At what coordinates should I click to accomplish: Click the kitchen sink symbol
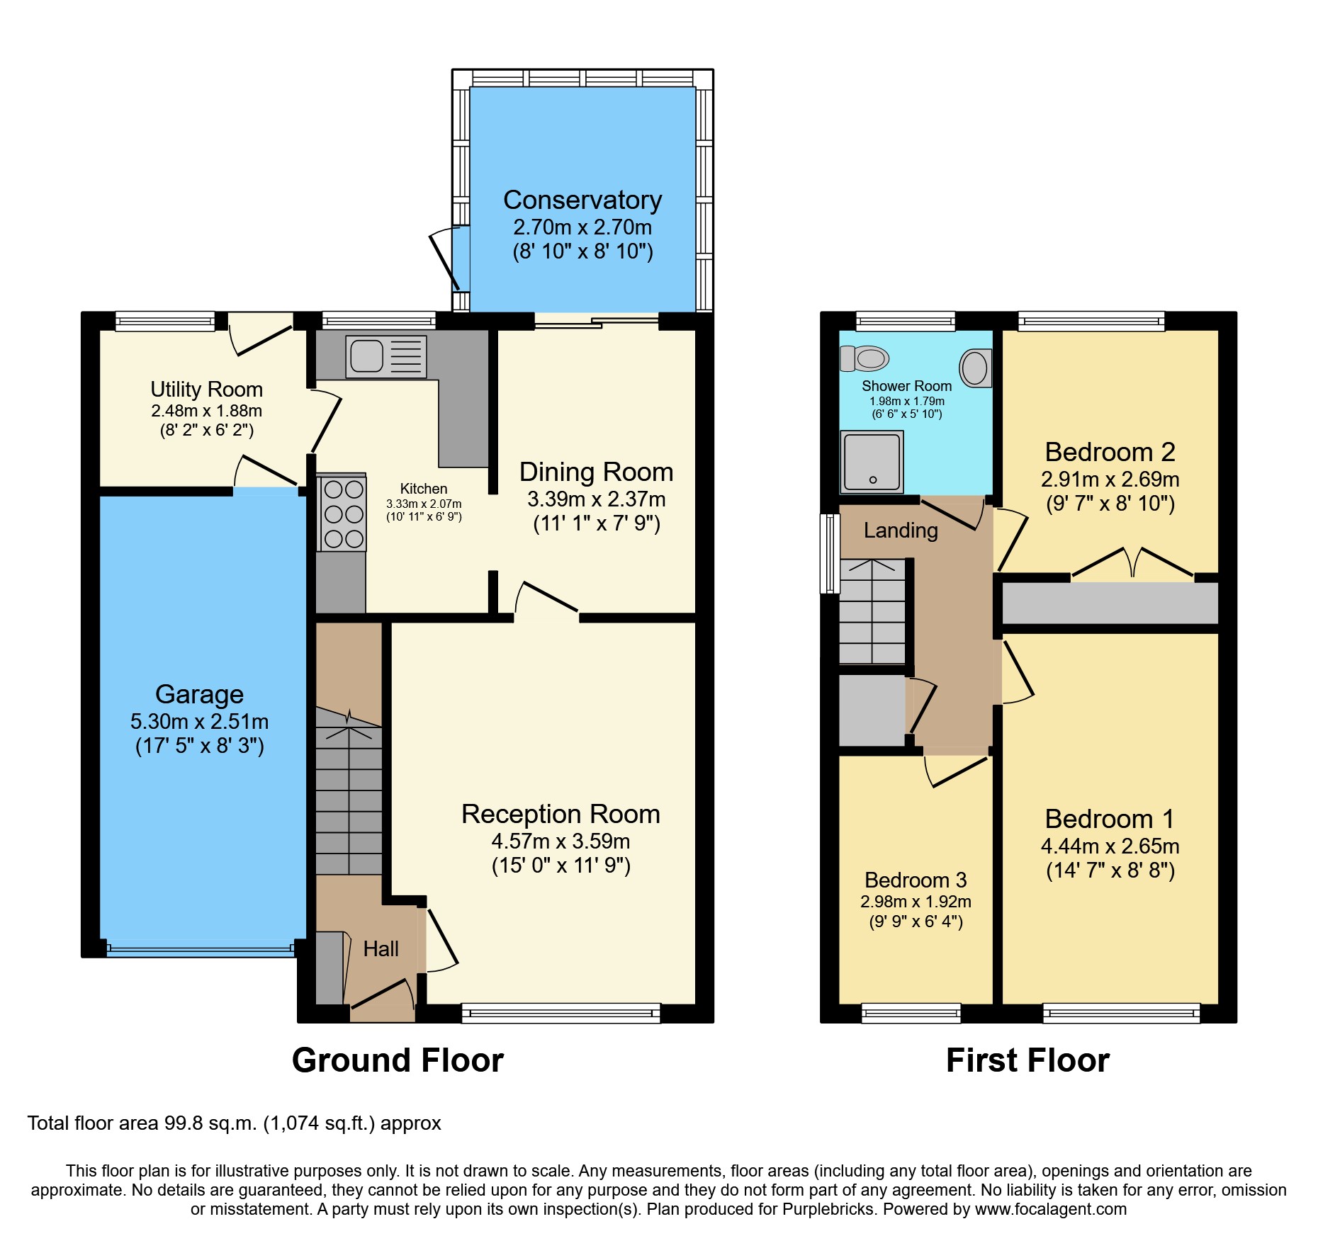click(386, 356)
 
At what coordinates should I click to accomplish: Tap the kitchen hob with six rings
click(344, 514)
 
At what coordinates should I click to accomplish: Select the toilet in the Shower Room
click(864, 358)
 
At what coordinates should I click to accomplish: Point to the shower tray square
click(872, 462)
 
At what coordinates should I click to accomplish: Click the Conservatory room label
click(582, 200)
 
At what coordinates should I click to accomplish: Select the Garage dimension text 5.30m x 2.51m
click(199, 722)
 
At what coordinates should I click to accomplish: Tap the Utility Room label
click(206, 390)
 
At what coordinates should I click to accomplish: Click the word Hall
click(381, 949)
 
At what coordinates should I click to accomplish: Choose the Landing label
click(900, 531)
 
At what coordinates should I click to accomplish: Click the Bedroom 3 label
click(915, 880)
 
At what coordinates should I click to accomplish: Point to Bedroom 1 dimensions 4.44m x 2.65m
click(1110, 846)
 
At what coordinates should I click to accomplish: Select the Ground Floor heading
click(398, 1060)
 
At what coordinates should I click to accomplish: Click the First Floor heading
click(1027, 1060)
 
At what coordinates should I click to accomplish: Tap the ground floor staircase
click(348, 793)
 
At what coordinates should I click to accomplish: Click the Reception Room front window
click(561, 1014)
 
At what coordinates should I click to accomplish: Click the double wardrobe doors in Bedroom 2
click(1132, 563)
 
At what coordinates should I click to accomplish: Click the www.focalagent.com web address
click(1050, 1210)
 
